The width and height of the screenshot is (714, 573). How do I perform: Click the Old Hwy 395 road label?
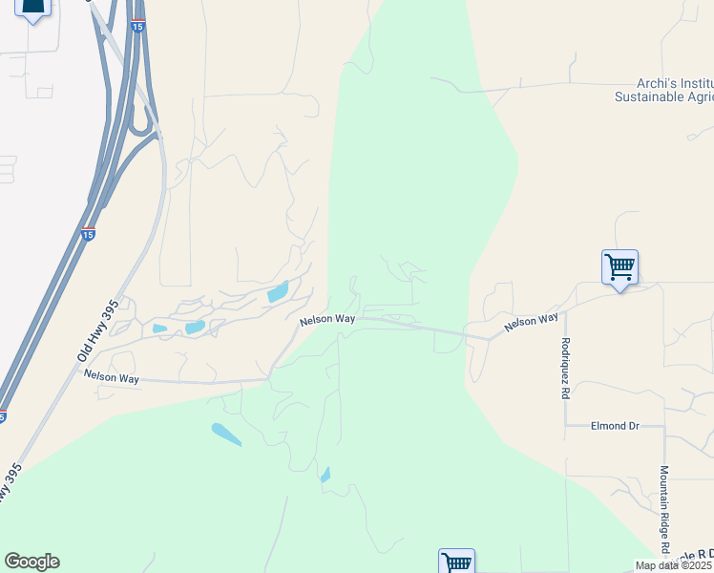(x=96, y=329)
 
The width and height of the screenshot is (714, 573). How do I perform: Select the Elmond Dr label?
(x=614, y=426)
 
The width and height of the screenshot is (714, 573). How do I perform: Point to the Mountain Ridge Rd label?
(x=663, y=510)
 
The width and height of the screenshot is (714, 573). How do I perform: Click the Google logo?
(x=31, y=562)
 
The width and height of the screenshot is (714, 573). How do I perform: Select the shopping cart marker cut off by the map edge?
(x=456, y=562)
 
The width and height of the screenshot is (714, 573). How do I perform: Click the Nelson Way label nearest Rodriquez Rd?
(x=531, y=323)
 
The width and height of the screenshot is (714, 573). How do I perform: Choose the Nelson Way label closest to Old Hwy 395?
(x=112, y=378)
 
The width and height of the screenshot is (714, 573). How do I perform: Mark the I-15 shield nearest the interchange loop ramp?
(x=138, y=27)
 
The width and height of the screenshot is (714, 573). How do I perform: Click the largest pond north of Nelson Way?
(x=277, y=292)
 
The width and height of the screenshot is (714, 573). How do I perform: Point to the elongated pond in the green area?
(x=226, y=435)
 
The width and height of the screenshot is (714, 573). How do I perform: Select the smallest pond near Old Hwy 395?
(x=159, y=329)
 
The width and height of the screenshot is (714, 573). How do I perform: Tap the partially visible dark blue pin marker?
(x=32, y=9)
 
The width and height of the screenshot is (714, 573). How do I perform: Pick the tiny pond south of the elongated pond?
(x=325, y=475)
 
